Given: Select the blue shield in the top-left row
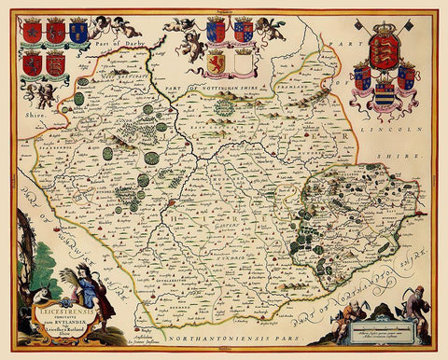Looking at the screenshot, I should click(x=78, y=33).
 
